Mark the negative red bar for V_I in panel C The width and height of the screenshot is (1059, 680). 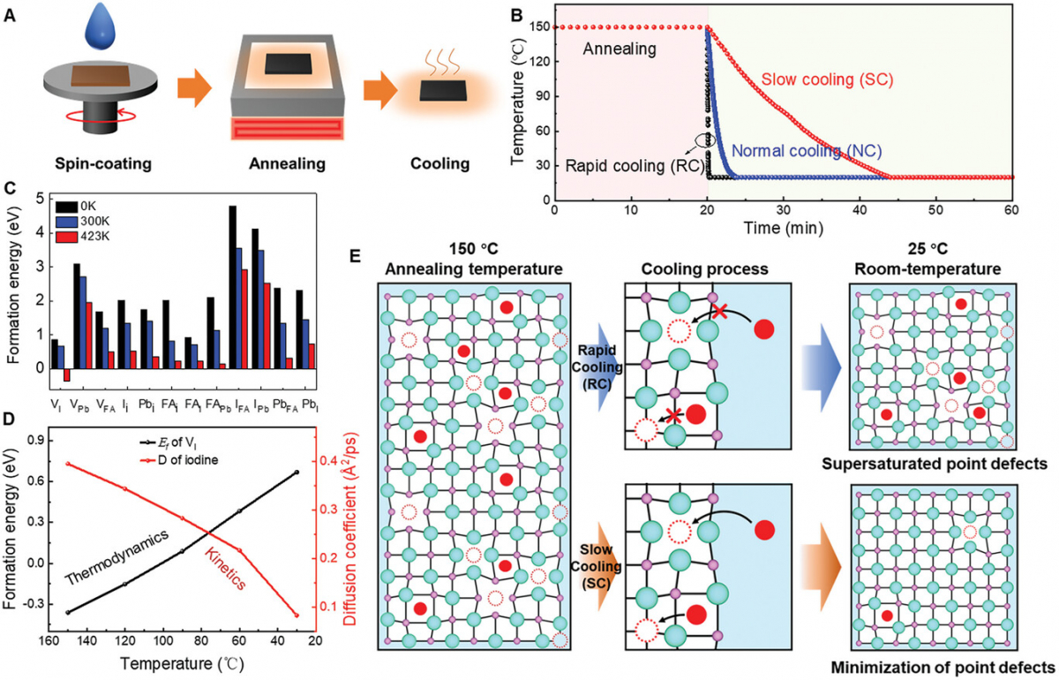65,374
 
